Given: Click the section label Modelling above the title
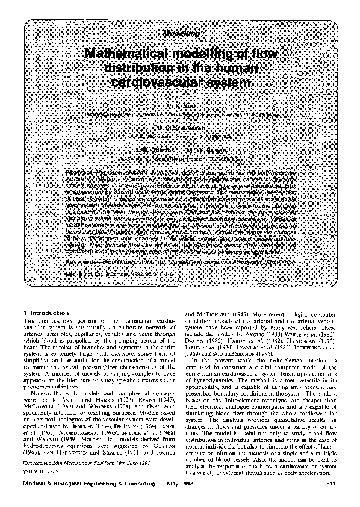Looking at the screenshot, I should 179,36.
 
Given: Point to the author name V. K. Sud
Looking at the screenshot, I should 179,105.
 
